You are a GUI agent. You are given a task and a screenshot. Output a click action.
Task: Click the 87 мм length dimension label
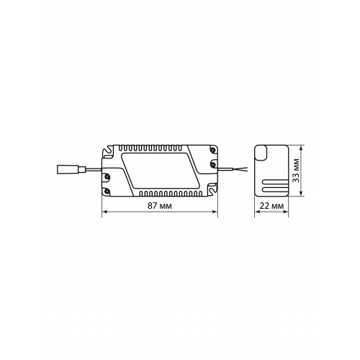(160, 206)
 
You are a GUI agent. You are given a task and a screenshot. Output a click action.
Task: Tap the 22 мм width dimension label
(271, 206)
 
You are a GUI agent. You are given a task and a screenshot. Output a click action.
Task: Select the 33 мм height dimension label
(297, 171)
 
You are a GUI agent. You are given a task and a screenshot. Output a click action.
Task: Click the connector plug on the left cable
(71, 170)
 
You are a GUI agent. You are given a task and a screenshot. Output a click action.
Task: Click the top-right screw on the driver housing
(212, 150)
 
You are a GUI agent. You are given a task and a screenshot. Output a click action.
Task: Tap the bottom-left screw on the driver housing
(107, 191)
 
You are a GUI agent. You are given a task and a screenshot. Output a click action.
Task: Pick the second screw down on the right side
(212, 164)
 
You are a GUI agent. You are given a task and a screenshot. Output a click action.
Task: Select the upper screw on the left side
(107, 176)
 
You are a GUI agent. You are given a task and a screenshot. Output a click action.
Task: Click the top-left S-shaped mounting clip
(108, 152)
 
